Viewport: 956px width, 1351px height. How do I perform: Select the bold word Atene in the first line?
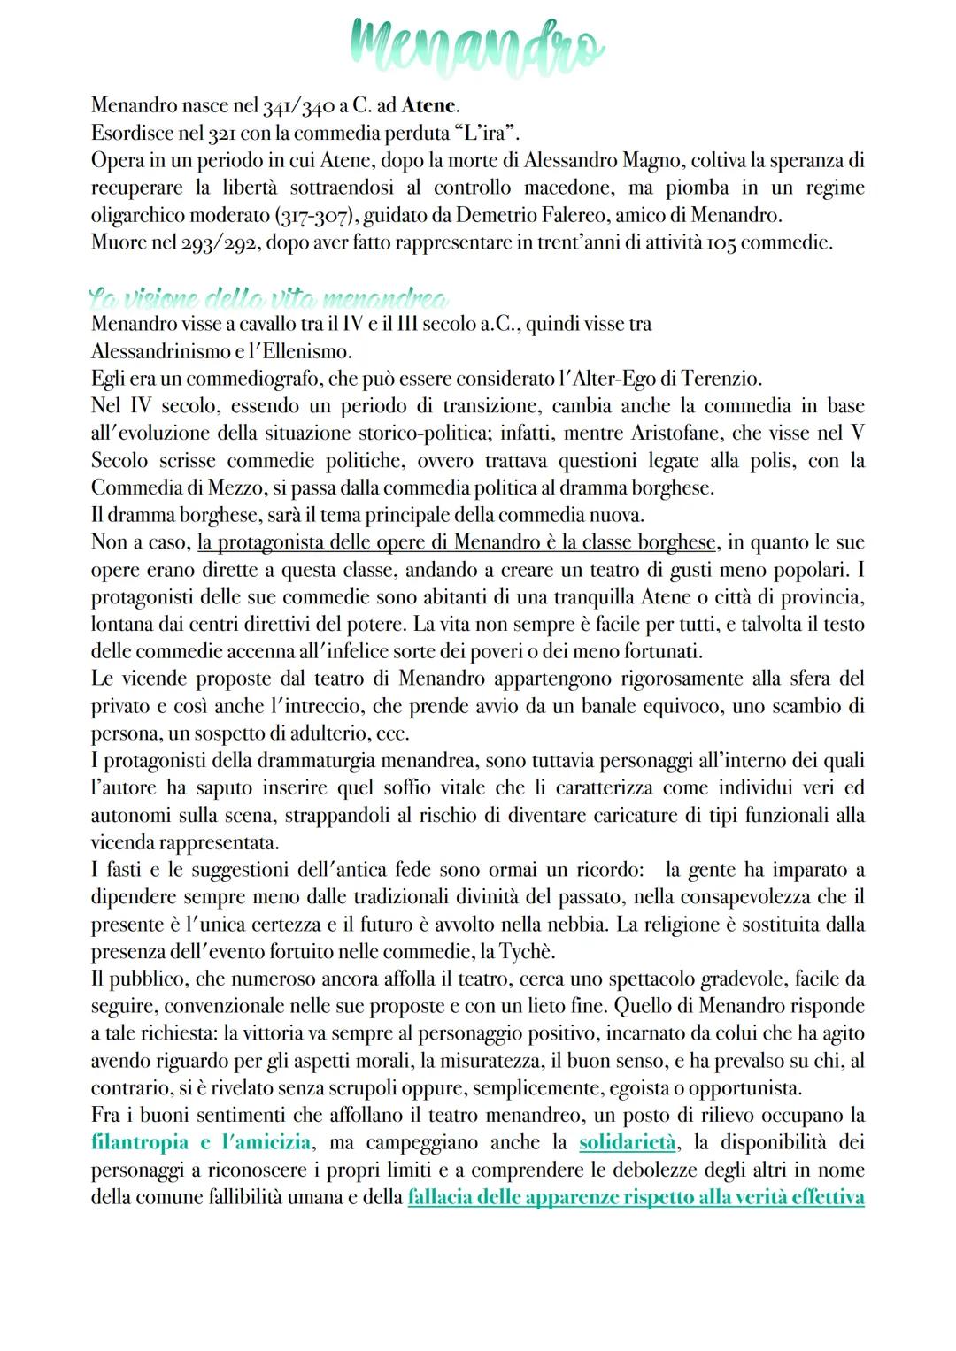pos(429,106)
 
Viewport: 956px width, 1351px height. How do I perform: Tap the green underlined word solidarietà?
pos(628,1142)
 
